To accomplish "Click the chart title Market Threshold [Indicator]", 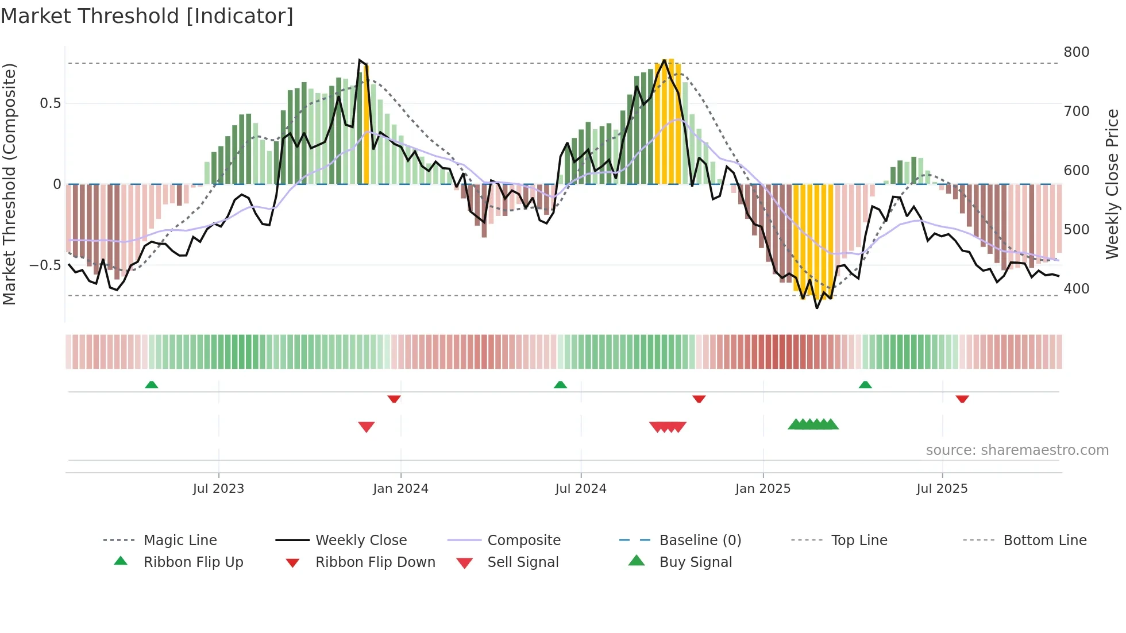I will point(147,16).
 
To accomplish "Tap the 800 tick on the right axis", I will point(1076,52).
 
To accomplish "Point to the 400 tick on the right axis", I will point(1076,289).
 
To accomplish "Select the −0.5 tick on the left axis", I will point(45,265).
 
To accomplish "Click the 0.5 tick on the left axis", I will point(50,103).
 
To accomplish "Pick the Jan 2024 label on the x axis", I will point(400,489).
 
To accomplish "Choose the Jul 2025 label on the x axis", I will point(942,489).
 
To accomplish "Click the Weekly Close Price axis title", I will point(1112,184).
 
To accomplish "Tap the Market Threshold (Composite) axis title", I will point(9,184).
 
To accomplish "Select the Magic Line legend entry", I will point(180,541).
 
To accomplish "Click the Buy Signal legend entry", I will point(695,562).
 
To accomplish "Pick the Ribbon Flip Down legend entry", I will point(375,562).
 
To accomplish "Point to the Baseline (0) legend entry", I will point(700,541).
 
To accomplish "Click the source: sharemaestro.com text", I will point(1017,450).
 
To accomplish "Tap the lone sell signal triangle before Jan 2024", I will point(366,427).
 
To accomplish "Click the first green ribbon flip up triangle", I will point(151,385).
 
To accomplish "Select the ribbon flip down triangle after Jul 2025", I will point(962,399).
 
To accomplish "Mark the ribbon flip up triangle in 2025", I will point(865,385).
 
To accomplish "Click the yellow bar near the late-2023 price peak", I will point(366,126).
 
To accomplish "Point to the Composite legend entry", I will point(523,541).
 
